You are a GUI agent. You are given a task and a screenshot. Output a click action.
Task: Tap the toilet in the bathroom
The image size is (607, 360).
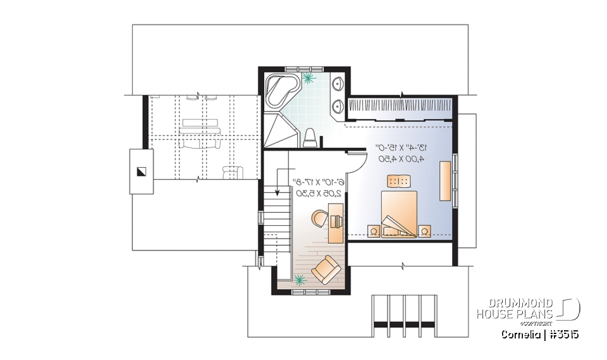point(310,137)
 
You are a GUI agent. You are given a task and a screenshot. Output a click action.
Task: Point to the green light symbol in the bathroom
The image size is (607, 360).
point(309,79)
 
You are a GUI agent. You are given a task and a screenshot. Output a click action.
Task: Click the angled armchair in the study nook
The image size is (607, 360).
point(326,268)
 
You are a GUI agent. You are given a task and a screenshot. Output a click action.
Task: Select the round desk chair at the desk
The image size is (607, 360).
point(320,219)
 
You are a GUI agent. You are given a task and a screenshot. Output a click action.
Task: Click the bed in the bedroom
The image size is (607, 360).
point(400,212)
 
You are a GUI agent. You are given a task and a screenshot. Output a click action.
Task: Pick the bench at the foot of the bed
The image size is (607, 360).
point(400,181)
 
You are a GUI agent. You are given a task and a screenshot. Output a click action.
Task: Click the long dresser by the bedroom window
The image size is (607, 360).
point(446,181)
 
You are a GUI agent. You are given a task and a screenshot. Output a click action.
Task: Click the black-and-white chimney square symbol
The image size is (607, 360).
point(141,171)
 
